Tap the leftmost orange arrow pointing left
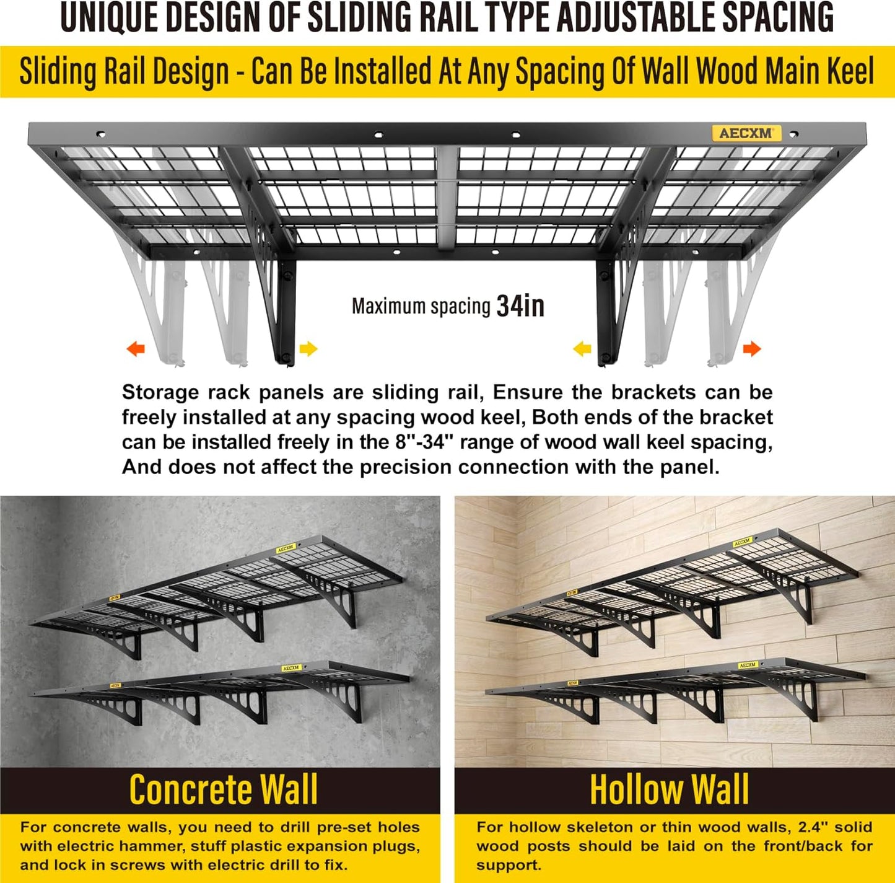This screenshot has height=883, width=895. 136,349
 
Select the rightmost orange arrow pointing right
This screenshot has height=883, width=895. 751,349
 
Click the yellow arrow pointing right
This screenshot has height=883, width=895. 308,349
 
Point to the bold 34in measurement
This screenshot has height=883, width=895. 520,306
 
